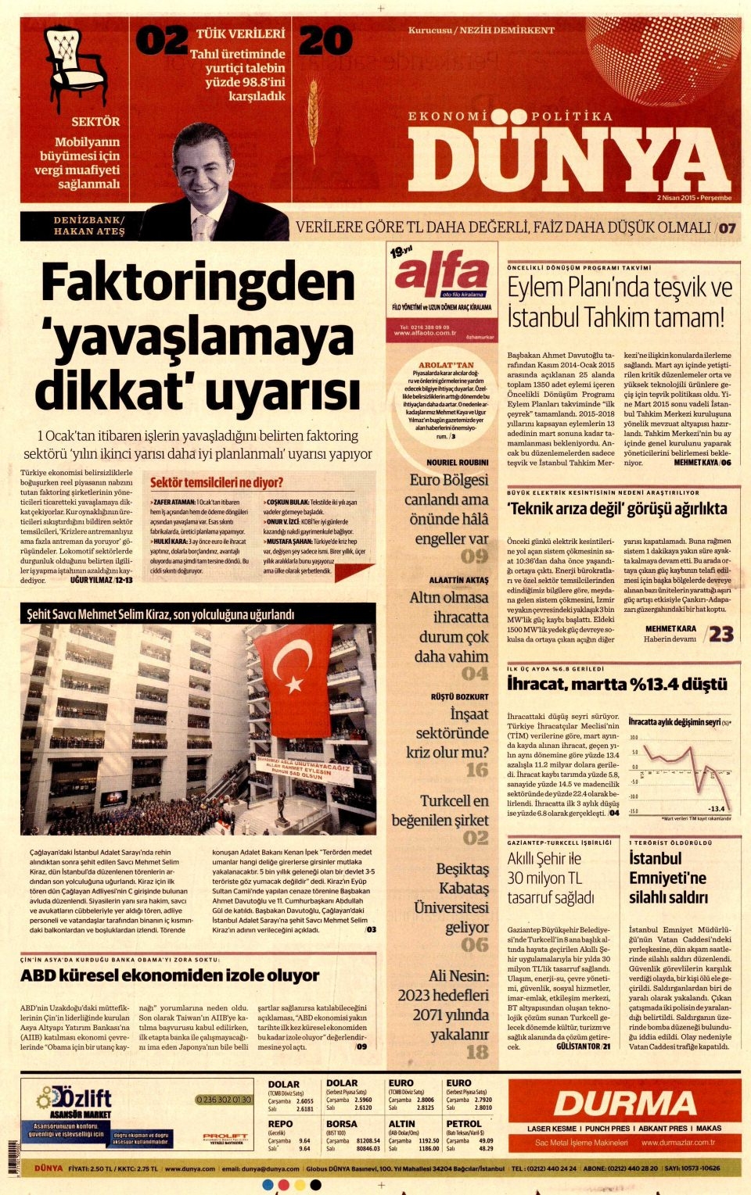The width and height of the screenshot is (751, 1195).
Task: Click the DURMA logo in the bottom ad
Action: tap(624, 1103)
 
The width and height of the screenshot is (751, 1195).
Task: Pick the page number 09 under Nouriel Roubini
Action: tap(474, 556)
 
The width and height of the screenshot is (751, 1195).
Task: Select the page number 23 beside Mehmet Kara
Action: tap(720, 633)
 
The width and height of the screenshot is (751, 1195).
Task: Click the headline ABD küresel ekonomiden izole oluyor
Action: tap(170, 975)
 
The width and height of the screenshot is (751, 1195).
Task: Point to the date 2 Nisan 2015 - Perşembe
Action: tap(694, 198)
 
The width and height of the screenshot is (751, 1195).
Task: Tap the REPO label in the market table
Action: tap(280, 1124)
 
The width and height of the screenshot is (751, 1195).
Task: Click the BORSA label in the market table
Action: tap(341, 1124)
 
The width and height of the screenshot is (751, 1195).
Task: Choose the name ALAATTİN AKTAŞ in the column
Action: tap(458, 580)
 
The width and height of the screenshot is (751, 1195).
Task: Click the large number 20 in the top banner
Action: tap(325, 41)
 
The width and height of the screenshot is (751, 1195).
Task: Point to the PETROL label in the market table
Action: tap(464, 1124)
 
